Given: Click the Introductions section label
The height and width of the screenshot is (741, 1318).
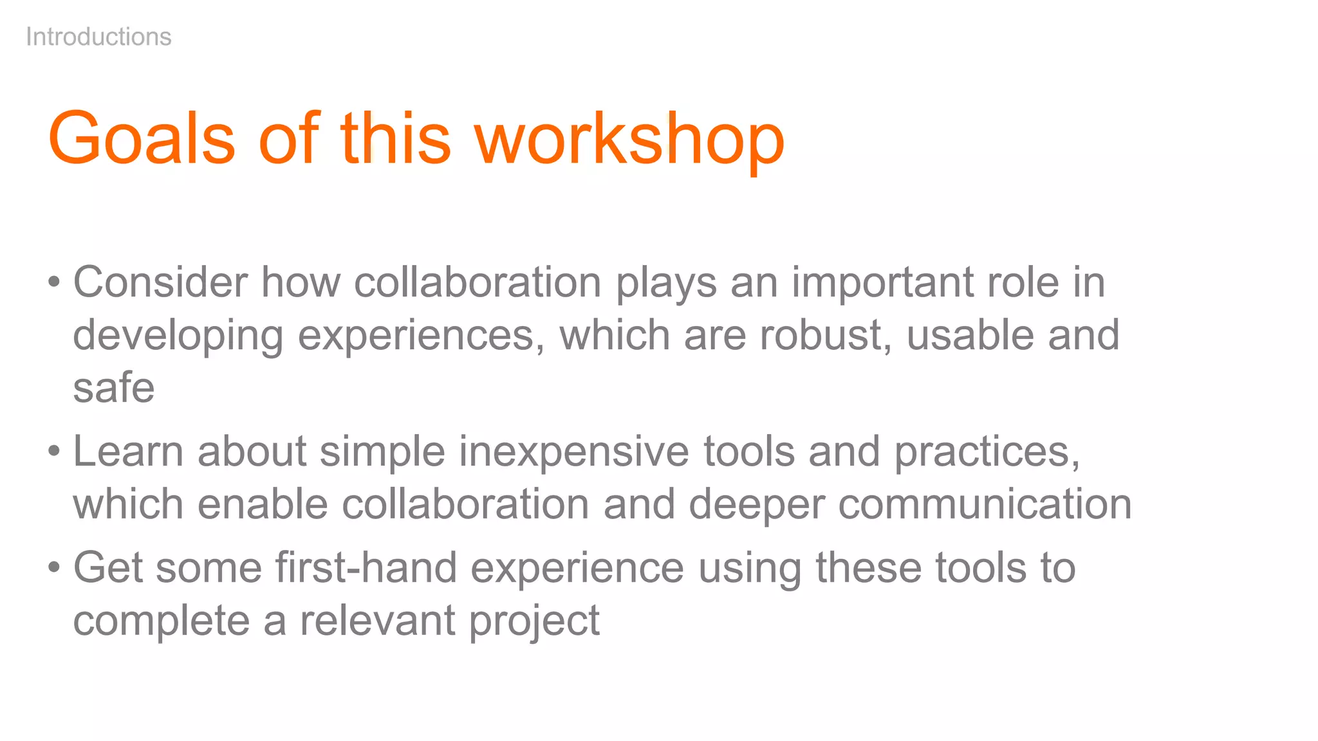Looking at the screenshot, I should [x=98, y=37].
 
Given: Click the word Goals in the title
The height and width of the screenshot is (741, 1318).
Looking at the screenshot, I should [x=142, y=139].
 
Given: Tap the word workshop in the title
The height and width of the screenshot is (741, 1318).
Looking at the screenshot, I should [x=629, y=139].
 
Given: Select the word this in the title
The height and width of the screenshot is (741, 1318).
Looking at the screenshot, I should [x=395, y=139].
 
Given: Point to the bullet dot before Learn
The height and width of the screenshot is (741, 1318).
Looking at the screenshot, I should [x=54, y=451].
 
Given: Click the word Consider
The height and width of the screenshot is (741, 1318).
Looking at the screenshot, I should [x=160, y=282].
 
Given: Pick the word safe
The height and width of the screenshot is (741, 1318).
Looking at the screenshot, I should [x=114, y=388].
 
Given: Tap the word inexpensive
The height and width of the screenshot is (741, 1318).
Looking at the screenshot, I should [x=574, y=451].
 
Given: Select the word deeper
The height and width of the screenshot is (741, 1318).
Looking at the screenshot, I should [x=756, y=504].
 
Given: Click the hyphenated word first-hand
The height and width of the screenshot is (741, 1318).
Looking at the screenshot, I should [x=366, y=567].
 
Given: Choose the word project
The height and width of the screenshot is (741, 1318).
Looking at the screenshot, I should [x=534, y=621].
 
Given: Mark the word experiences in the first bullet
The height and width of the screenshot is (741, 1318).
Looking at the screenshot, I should [x=420, y=335].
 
